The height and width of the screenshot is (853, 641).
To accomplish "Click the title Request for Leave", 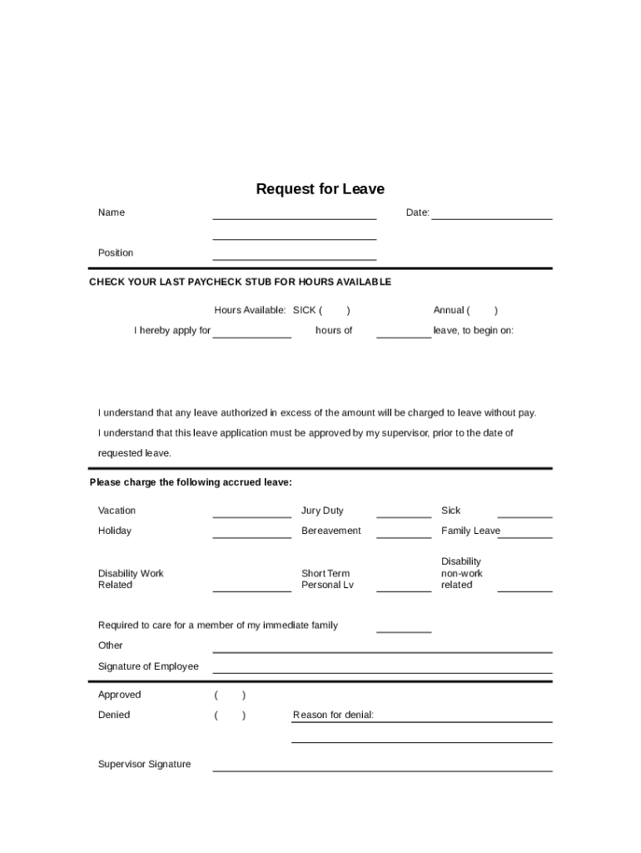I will pos(320,189).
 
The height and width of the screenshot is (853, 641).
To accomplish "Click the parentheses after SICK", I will pos(335,311).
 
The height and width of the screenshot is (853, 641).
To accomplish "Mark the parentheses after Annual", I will pos(483,311).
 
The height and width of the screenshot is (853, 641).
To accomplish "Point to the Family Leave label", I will pos(470,531).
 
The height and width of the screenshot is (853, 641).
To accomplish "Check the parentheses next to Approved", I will pos(230,695).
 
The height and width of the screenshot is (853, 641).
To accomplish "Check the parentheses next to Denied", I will pos(230,715).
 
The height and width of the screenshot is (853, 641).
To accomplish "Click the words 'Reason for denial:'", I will pos(333,715).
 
